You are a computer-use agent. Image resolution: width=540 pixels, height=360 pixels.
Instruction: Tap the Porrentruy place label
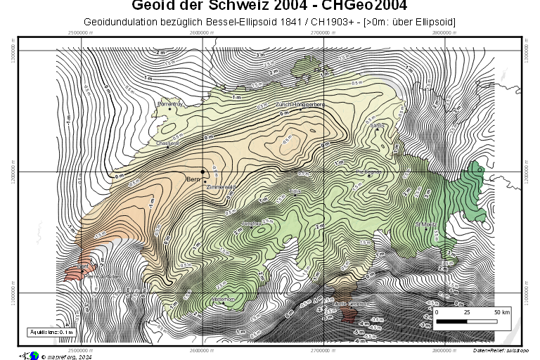[x=170, y=104]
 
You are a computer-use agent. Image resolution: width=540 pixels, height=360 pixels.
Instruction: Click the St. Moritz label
[x=425, y=224]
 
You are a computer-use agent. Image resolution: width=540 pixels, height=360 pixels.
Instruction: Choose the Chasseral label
[x=168, y=143]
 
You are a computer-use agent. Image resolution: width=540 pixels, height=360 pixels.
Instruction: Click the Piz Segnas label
[x=368, y=172]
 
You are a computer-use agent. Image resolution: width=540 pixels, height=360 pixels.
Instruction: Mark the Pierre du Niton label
[x=98, y=276]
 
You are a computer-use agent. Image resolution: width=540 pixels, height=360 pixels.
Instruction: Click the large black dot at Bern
[x=203, y=172]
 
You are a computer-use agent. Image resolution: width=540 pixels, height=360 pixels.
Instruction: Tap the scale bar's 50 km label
[x=501, y=311]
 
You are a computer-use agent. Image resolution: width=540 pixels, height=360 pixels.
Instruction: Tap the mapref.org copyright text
[x=67, y=356]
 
